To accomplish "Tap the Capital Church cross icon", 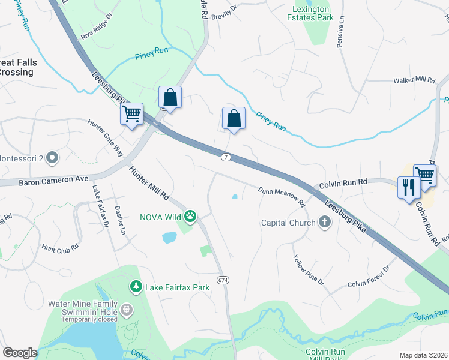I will click(x=324, y=223).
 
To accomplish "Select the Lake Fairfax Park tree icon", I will click(x=137, y=287).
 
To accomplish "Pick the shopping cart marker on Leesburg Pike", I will click(x=131, y=113).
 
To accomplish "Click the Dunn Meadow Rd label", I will click(x=282, y=197).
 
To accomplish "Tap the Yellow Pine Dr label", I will click(x=309, y=270).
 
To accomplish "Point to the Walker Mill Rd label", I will click(x=414, y=80).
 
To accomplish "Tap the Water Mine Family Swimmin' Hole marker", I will click(x=127, y=310).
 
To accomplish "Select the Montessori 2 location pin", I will click(x=52, y=158).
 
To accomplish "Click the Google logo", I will click(x=20, y=352).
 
